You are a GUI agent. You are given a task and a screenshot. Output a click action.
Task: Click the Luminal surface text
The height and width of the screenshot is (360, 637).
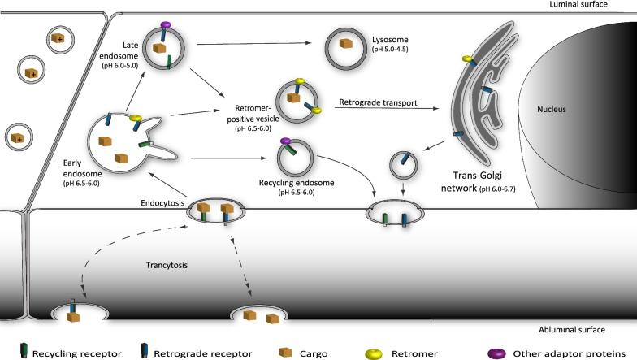click(599, 5)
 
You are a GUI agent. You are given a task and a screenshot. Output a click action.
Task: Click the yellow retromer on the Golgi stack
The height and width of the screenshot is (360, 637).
click(468, 59)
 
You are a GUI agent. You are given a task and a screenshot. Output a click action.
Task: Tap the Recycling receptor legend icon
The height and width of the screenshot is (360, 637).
click(25, 353)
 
